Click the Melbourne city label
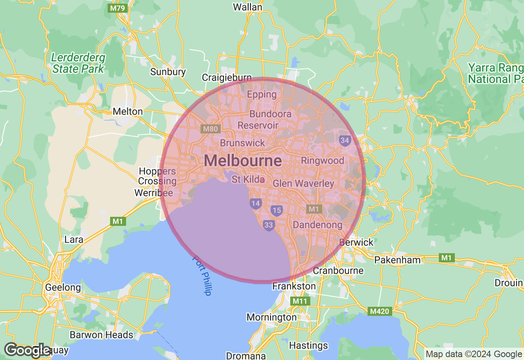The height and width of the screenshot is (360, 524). tap(243, 160)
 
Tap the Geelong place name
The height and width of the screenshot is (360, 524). tap(63, 287)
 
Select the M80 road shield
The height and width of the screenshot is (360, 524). tap(211, 129)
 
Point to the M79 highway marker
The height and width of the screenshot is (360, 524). tap(117, 8)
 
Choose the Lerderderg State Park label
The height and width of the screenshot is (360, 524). tap(78, 63)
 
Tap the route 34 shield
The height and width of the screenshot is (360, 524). tap(345, 141)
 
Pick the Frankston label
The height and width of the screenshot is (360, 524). tap(294, 286)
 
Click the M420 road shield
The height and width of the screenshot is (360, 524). tap(379, 311)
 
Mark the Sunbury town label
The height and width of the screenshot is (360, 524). tap(168, 72)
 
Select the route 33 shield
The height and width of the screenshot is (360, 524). tap(269, 225)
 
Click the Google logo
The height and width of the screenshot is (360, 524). tap(27, 350)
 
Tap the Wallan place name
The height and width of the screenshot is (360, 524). tap(247, 7)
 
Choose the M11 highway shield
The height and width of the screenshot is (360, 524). tap(300, 301)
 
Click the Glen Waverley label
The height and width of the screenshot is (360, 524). tap(303, 183)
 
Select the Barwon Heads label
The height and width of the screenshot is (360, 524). tap(102, 335)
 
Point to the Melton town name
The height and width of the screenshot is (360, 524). tap(128, 111)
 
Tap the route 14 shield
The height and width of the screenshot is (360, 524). tap(256, 203)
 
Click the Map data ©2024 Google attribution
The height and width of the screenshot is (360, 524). tap(474, 354)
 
